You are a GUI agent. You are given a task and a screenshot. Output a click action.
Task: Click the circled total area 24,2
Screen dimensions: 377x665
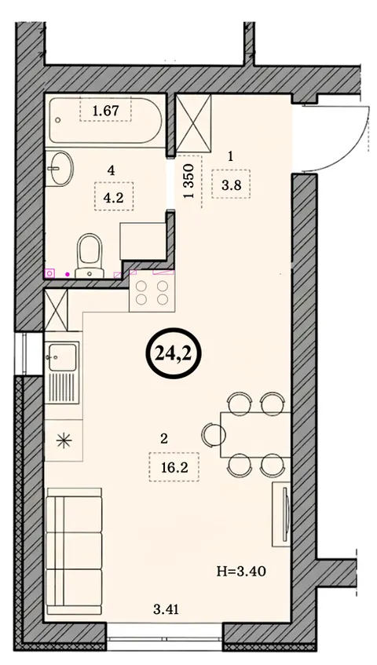pyautogui.click(x=174, y=353)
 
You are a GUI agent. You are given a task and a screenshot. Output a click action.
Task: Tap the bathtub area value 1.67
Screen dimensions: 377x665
pyautogui.click(x=105, y=111)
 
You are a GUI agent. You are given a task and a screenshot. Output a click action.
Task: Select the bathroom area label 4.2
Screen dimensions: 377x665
pyautogui.click(x=114, y=197)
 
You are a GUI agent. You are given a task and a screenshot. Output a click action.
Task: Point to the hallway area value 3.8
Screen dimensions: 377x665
pyautogui.click(x=231, y=185)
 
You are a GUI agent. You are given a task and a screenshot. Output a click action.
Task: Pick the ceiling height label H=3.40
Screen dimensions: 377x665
pyautogui.click(x=241, y=572)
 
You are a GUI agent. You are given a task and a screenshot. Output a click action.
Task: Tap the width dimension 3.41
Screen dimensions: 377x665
pyautogui.click(x=166, y=610)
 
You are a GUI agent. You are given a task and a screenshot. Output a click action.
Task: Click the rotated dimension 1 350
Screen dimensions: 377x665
pyautogui.click(x=189, y=181)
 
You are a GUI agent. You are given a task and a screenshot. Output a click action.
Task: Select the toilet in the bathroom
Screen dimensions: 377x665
pyautogui.click(x=90, y=255)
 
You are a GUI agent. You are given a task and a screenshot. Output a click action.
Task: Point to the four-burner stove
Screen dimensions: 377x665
pyautogui.click(x=152, y=293)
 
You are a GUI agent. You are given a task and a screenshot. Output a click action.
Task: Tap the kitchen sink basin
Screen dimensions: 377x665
pyautogui.click(x=62, y=356)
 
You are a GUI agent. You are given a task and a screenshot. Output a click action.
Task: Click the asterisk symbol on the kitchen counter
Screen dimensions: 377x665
pyautogui.click(x=64, y=441)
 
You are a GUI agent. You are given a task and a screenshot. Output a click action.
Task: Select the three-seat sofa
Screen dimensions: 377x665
pyautogui.click(x=74, y=551)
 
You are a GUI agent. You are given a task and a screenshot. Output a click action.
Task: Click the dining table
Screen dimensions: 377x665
pyautogui.click(x=255, y=435)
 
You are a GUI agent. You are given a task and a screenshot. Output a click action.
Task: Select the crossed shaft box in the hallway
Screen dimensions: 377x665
pyautogui.click(x=193, y=123)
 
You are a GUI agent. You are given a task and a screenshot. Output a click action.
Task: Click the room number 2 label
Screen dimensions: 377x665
pyautogui.click(x=164, y=439)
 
